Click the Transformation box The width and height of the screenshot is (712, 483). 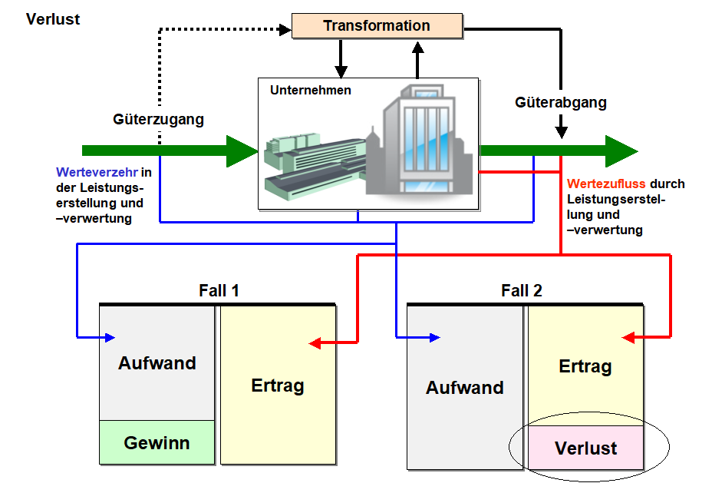[377, 25]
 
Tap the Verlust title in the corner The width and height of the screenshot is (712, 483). [53, 18]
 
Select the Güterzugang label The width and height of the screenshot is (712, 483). [158, 119]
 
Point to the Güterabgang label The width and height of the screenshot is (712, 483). [561, 102]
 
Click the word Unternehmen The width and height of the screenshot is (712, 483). [311, 90]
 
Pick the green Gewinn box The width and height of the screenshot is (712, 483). [157, 442]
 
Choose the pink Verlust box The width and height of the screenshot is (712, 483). [585, 448]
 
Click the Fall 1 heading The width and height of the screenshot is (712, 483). [219, 291]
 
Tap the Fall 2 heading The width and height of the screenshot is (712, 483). [522, 291]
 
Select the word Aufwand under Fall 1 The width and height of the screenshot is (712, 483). [157, 363]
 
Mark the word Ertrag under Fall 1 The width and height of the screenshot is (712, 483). [278, 385]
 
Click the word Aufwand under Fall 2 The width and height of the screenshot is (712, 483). [465, 388]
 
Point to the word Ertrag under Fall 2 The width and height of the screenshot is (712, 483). [585, 366]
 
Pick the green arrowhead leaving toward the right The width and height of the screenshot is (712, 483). [621, 151]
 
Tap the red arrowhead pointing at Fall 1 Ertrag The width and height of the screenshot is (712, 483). [315, 343]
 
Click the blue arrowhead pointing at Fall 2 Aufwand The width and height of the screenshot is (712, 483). [435, 337]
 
